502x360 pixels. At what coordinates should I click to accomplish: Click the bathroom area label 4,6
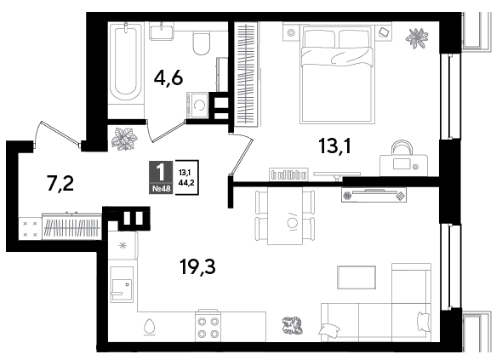tap(168, 77)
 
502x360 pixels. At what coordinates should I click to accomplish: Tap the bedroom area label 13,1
tap(335, 146)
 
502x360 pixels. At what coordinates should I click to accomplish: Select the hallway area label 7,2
tap(60, 183)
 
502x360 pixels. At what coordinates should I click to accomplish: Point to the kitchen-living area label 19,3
tap(197, 266)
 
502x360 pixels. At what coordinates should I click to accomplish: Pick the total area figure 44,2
tap(186, 184)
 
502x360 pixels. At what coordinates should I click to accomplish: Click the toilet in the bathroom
tap(201, 43)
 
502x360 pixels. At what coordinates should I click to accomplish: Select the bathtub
tap(126, 62)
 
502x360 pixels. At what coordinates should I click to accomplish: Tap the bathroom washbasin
tap(162, 31)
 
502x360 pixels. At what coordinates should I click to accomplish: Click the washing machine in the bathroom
tap(197, 105)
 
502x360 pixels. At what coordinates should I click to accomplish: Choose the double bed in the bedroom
tap(338, 75)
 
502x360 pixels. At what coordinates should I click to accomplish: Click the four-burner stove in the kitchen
tap(208, 326)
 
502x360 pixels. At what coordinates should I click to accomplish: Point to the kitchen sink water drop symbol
tap(149, 326)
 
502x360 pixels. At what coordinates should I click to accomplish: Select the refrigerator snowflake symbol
tap(123, 246)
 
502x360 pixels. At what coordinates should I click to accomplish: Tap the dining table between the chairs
tap(285, 216)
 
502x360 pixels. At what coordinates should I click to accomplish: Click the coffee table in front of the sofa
tap(357, 277)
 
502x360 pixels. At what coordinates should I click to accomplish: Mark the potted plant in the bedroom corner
tap(417, 38)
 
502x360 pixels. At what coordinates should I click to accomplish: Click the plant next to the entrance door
tap(124, 139)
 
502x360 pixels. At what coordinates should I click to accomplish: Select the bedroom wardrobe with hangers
tap(247, 74)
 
